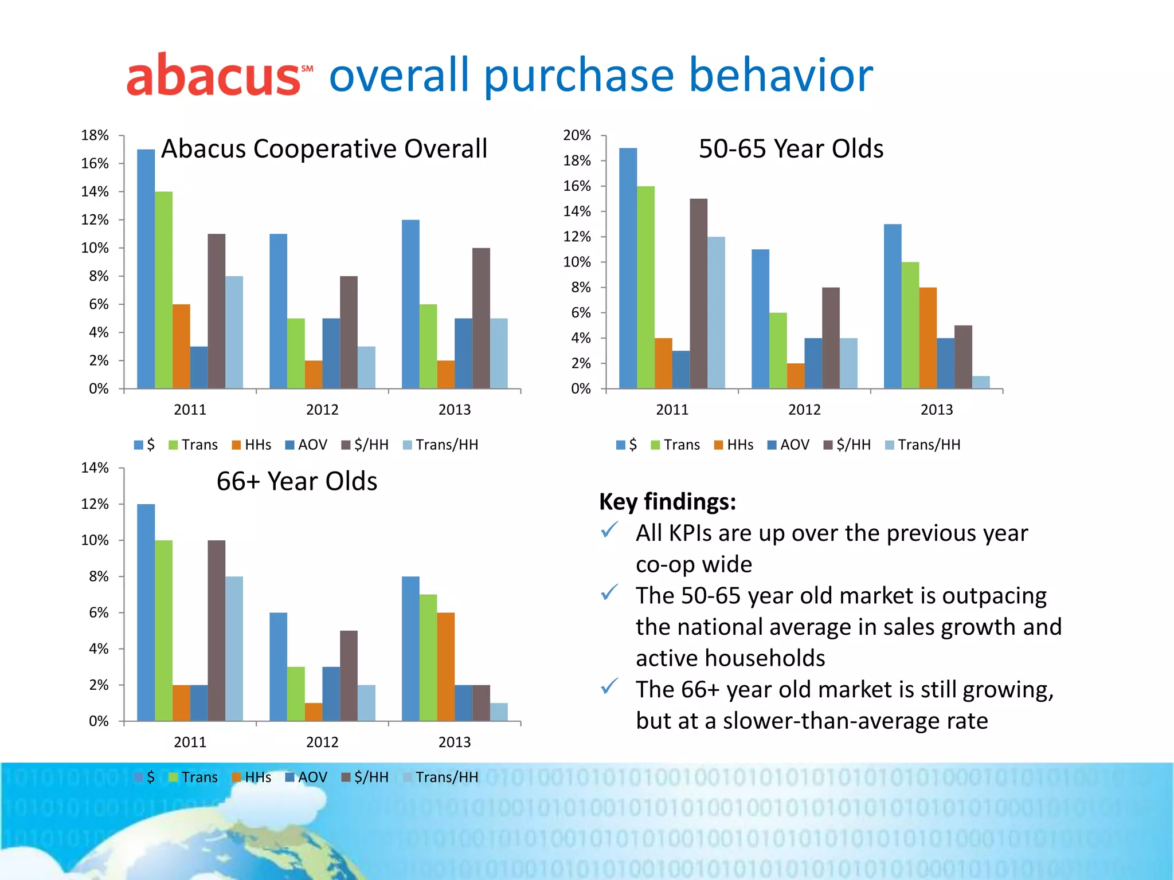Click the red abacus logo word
click(212, 76)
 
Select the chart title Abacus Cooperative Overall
click(324, 149)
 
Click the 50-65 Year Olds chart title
click(791, 149)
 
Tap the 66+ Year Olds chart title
click(296, 481)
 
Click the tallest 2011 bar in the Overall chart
click(146, 269)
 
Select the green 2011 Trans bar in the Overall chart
click(163, 290)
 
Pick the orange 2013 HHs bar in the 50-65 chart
click(928, 338)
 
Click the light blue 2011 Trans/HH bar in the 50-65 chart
click(716, 313)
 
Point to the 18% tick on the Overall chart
click(95, 136)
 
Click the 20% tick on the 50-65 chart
click(577, 136)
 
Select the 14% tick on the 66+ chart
click(95, 468)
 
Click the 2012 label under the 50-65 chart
click(804, 410)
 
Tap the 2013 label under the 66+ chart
click(454, 742)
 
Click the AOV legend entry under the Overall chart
click(306, 445)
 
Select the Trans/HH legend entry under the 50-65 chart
click(922, 445)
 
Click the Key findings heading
click(667, 502)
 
